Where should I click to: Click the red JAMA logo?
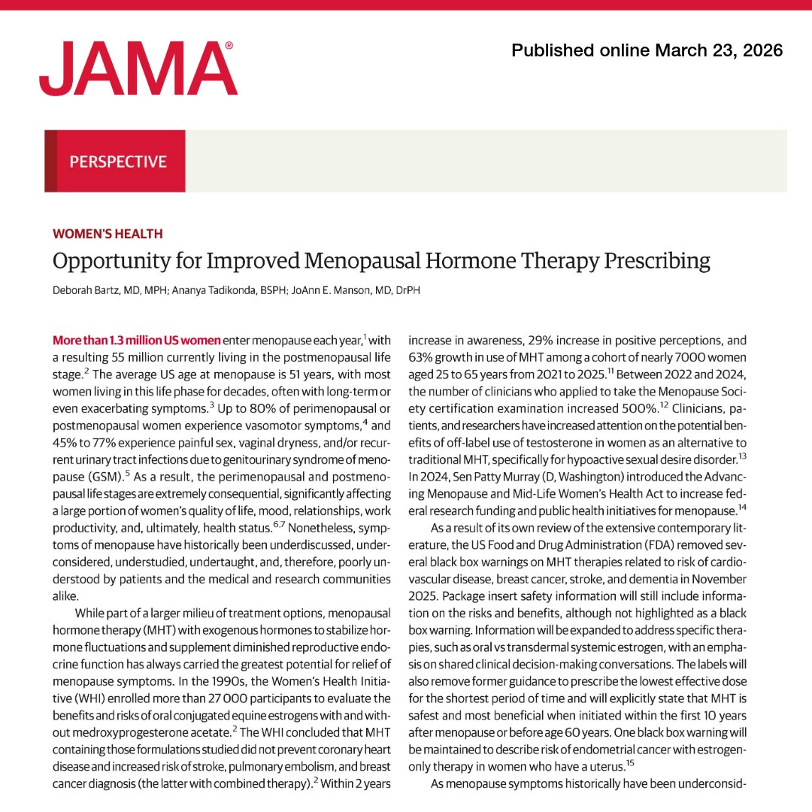point(138,69)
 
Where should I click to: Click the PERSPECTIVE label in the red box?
point(118,161)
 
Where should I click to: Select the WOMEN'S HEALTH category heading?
point(108,234)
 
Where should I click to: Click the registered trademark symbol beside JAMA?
point(229,46)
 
